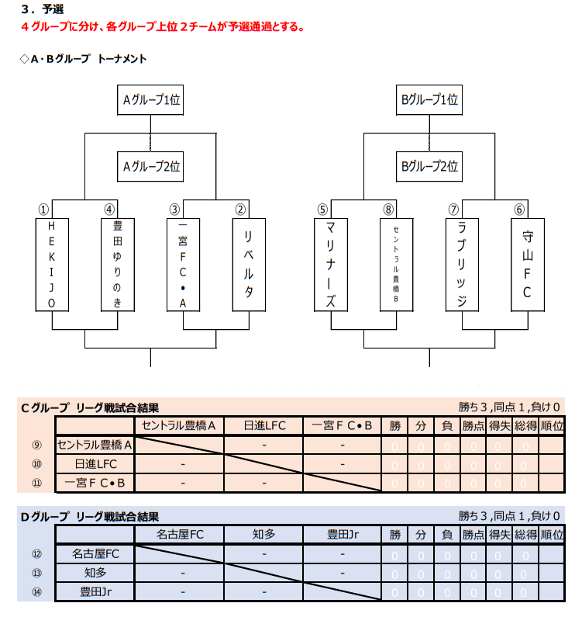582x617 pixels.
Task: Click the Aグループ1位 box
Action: (x=150, y=100)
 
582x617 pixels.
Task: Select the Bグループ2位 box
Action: (x=429, y=166)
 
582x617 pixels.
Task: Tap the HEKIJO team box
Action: (x=52, y=264)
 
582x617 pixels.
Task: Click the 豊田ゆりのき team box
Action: (x=118, y=264)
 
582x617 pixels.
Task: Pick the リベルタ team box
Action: (x=249, y=264)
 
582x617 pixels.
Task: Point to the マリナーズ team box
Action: (x=330, y=264)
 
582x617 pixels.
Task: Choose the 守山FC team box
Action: (x=527, y=264)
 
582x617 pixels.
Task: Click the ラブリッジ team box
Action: (x=462, y=264)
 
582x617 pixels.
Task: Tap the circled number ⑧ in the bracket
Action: (x=388, y=210)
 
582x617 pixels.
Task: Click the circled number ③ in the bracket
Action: (x=175, y=210)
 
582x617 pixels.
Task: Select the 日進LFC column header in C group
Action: (x=266, y=425)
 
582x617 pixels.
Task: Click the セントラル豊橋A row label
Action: (x=95, y=445)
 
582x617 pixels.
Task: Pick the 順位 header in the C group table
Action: (x=551, y=425)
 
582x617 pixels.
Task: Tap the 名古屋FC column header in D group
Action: (x=180, y=535)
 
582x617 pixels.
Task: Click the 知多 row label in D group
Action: (x=95, y=573)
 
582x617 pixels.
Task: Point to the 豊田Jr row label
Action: (x=95, y=591)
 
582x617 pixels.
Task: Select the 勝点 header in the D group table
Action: (x=473, y=535)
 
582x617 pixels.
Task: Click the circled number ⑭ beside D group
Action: (x=36, y=591)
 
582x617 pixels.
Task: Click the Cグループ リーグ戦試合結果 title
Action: (x=89, y=407)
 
